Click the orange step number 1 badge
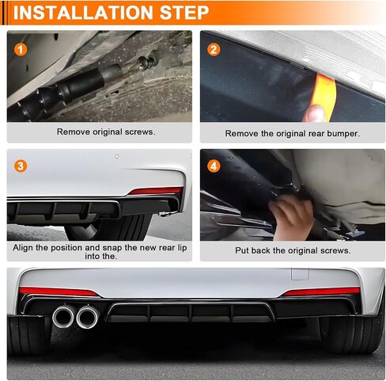point(21,49)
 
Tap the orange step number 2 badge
point(214,49)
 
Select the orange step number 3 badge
point(21,166)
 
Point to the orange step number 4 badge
point(214,166)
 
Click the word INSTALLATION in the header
point(83,13)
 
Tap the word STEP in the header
point(184,13)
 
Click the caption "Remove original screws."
point(106,131)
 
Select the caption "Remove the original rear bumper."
point(292,133)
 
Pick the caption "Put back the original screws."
point(293,250)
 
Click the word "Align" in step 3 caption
point(23,248)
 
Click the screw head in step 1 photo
point(145,63)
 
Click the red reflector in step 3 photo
point(156,191)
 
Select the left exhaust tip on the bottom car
point(63,316)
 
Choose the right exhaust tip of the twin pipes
point(87,317)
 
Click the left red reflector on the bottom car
point(59,291)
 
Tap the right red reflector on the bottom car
point(321,291)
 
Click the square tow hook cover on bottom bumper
point(300,274)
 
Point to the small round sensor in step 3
point(117,156)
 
